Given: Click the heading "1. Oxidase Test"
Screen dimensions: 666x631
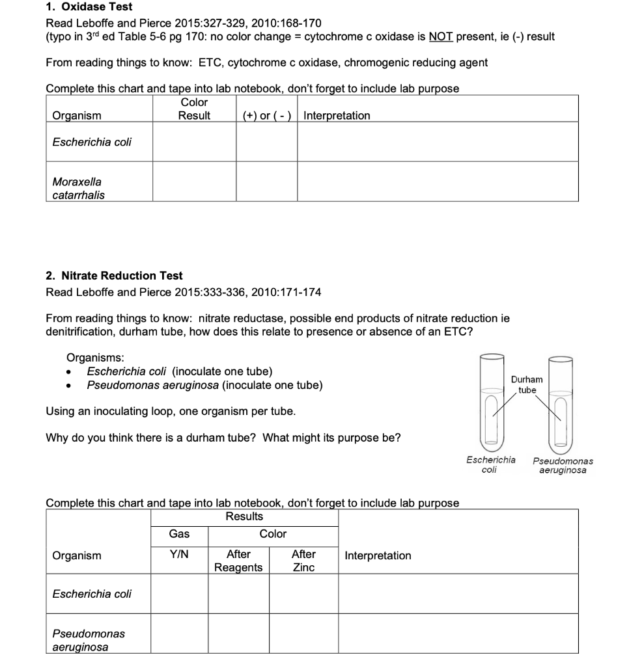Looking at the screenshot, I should (89, 7).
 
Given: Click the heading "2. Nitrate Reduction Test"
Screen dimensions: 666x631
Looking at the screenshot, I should (114, 276).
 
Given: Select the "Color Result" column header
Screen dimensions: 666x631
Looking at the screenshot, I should (194, 109).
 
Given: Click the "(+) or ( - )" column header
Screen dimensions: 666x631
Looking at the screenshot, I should (266, 116).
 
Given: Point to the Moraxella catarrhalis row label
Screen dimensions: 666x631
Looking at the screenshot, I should (78, 188).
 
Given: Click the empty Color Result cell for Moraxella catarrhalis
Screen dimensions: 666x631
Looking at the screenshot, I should (194, 182).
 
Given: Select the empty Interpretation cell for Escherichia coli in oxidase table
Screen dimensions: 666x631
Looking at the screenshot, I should (437, 142).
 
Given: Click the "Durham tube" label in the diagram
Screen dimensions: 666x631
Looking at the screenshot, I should (526, 384).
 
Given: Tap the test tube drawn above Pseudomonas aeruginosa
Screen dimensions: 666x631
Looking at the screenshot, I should (560, 403).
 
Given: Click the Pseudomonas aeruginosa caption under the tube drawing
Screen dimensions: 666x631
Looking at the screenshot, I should (563, 465).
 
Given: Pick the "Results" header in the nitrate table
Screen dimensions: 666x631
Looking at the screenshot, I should (244, 516).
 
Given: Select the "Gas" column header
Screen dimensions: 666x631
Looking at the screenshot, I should (179, 534).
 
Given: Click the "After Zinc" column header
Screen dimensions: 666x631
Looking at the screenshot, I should (303, 561).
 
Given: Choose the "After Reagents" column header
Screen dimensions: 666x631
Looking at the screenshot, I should (238, 561).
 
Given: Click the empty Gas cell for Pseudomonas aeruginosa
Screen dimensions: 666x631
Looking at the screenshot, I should (179, 633).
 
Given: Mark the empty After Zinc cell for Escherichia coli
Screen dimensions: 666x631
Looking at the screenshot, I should (303, 594).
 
